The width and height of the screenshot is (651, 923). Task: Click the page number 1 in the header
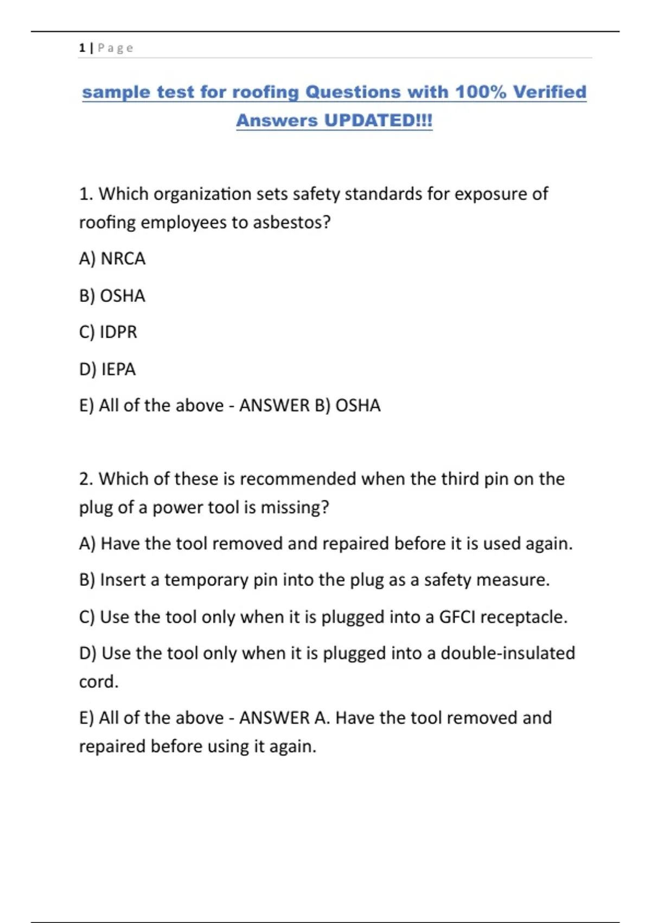[x=82, y=48]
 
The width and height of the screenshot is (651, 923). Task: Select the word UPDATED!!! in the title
[x=378, y=121]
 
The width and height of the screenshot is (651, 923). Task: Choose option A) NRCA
[x=112, y=258]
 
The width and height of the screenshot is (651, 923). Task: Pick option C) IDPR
[x=108, y=332]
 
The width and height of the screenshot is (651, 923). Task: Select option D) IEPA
[x=107, y=369]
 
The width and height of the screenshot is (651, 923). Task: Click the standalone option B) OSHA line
[x=112, y=296]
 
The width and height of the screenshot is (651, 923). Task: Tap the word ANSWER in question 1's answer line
[x=274, y=406]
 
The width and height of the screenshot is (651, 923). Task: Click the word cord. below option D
[x=99, y=682]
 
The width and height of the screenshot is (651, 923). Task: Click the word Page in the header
[x=116, y=48]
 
